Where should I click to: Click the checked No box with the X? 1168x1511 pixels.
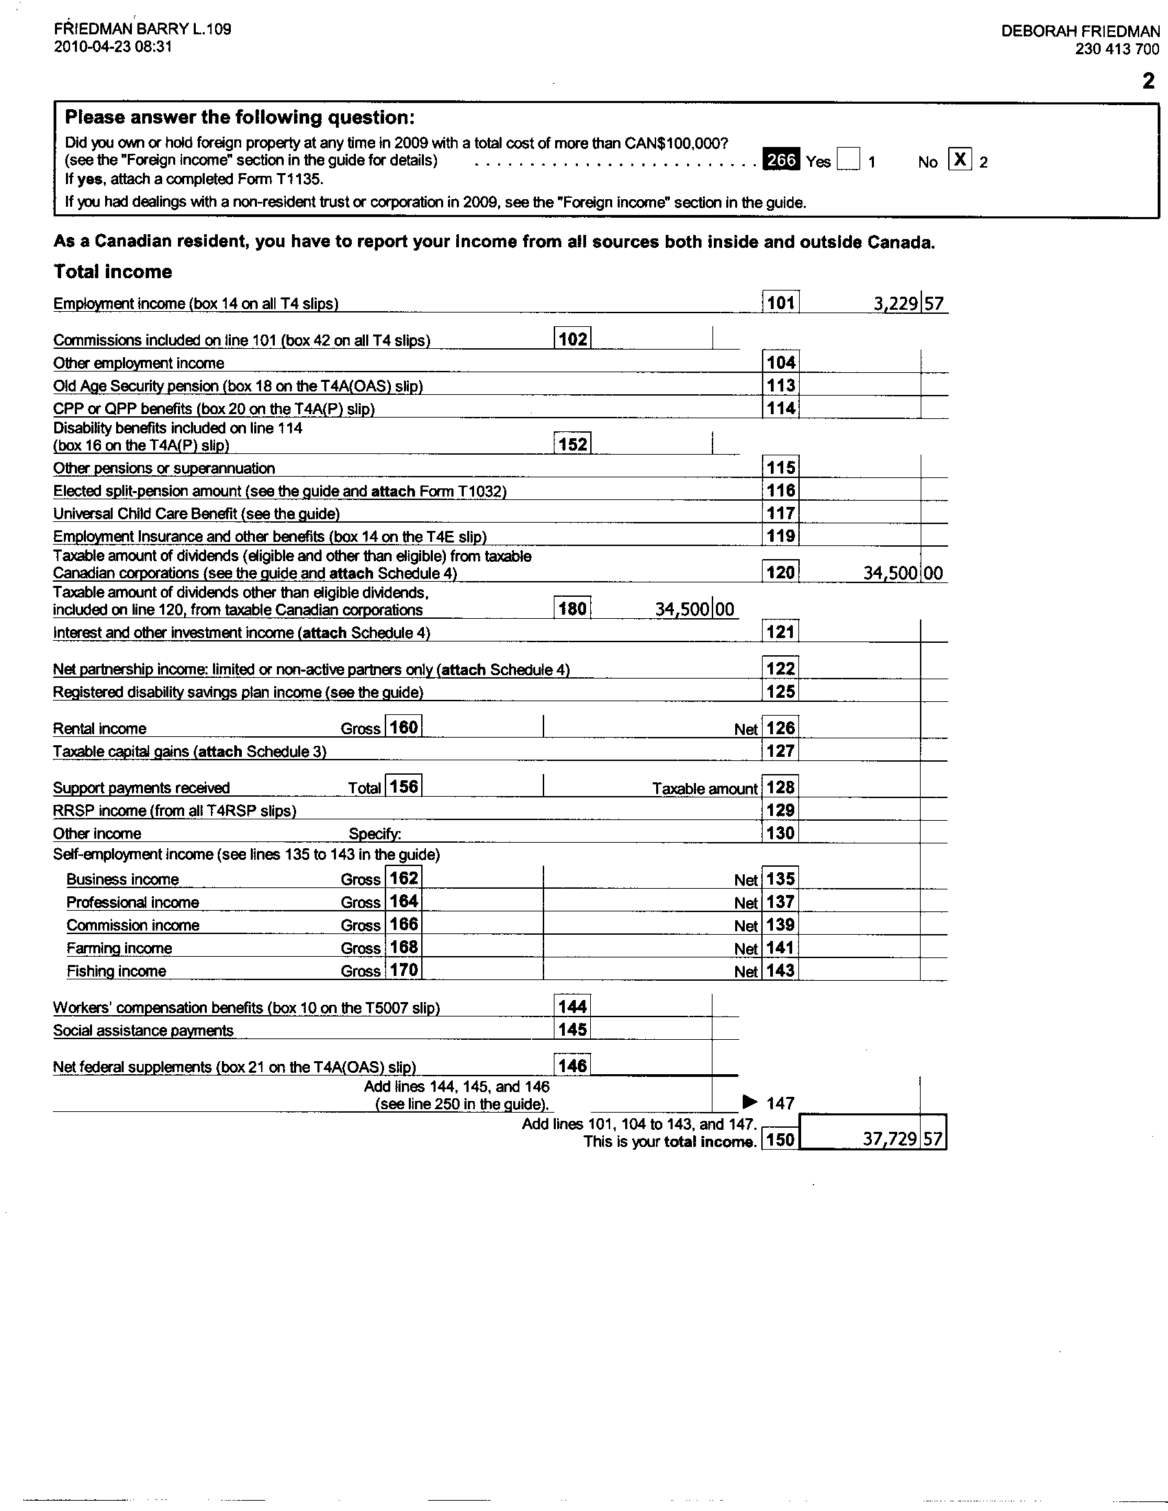coord(960,160)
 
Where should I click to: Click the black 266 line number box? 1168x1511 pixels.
coord(781,161)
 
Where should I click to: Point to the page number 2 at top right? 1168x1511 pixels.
coord(1148,82)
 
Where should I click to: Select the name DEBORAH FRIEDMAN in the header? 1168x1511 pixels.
coord(1080,31)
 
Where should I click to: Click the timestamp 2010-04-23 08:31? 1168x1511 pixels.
coord(113,47)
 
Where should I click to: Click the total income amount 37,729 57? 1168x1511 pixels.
coord(902,1139)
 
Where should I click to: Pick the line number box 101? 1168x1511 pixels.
coord(780,302)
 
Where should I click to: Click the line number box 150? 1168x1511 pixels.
coord(780,1139)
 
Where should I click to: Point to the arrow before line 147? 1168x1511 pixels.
coord(750,1102)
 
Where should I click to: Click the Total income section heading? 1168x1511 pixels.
coord(113,271)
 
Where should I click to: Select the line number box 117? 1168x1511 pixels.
coord(780,513)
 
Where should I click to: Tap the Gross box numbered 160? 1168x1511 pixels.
coord(403,727)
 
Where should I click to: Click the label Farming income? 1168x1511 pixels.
coord(119,948)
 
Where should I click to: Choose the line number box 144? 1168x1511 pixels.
coord(573,1007)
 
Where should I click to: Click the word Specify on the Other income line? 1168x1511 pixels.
coord(374,834)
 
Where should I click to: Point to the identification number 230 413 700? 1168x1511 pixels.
coord(1116,49)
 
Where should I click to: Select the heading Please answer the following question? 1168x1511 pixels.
coord(239,117)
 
